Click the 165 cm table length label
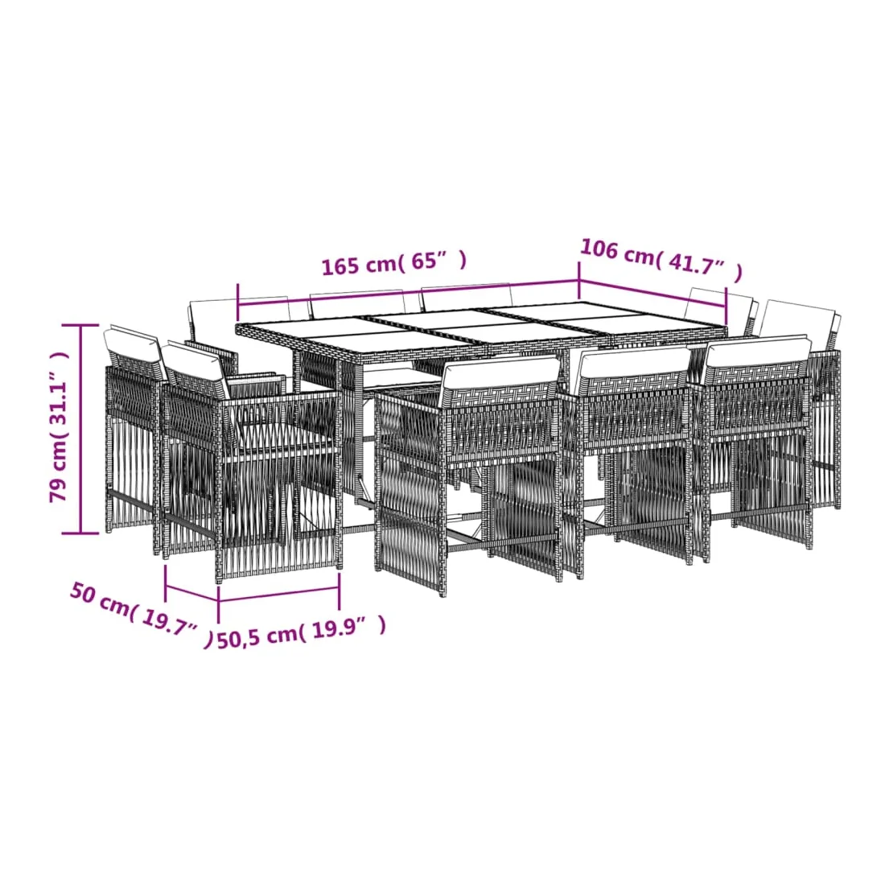tap(394, 263)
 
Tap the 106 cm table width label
tap(661, 260)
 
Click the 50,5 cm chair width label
tap(302, 632)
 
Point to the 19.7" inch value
tap(169, 624)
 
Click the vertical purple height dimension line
tap(80, 429)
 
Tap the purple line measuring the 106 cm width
tap(653, 293)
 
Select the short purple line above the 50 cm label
tap(192, 594)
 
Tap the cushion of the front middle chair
tap(500, 374)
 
